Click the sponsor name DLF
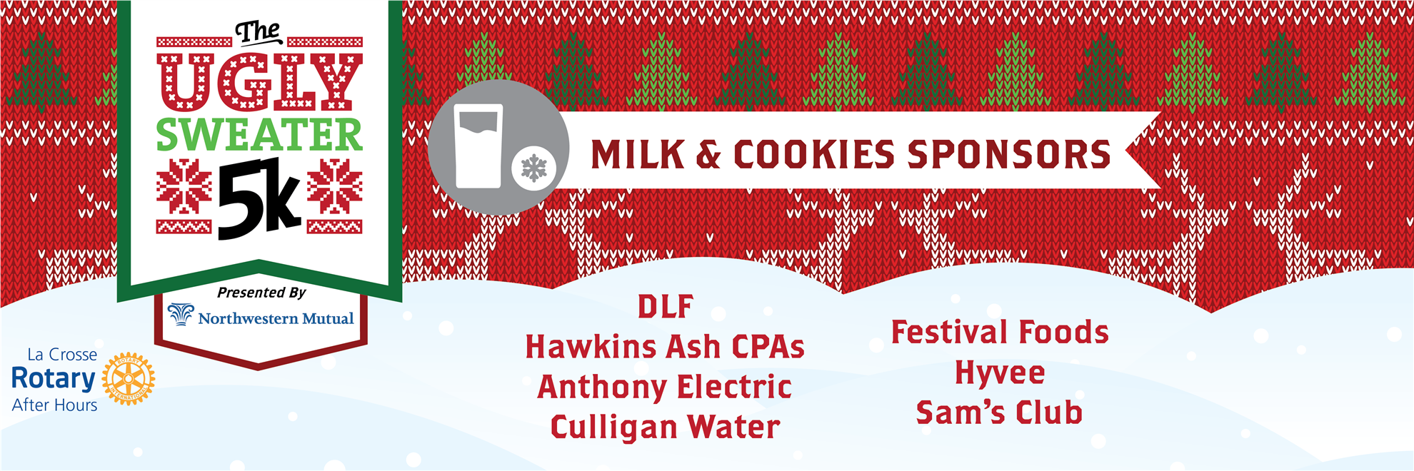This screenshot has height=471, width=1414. pos(665,307)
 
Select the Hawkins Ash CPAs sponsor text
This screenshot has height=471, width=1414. pos(665,347)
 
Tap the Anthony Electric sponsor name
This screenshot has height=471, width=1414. pos(665,388)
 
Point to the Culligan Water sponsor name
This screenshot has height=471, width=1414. pos(665,427)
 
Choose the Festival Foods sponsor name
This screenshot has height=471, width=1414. pos(1000,333)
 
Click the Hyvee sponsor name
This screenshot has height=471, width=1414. pos(1000,373)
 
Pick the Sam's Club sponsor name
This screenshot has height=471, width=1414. pos(1000,413)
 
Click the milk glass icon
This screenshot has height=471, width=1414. pos(478,147)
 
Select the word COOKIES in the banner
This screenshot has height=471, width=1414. pos(813,155)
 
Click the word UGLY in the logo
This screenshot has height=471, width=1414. pos(259,81)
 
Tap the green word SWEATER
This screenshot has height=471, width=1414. pos(259,134)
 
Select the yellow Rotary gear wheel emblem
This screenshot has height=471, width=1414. pos(129,379)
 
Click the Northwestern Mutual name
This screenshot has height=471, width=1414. pos(276,318)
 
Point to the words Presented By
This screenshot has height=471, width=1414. pos(261,293)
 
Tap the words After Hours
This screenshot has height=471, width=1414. pos(55,405)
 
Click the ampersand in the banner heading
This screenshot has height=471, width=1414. pos(708,155)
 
